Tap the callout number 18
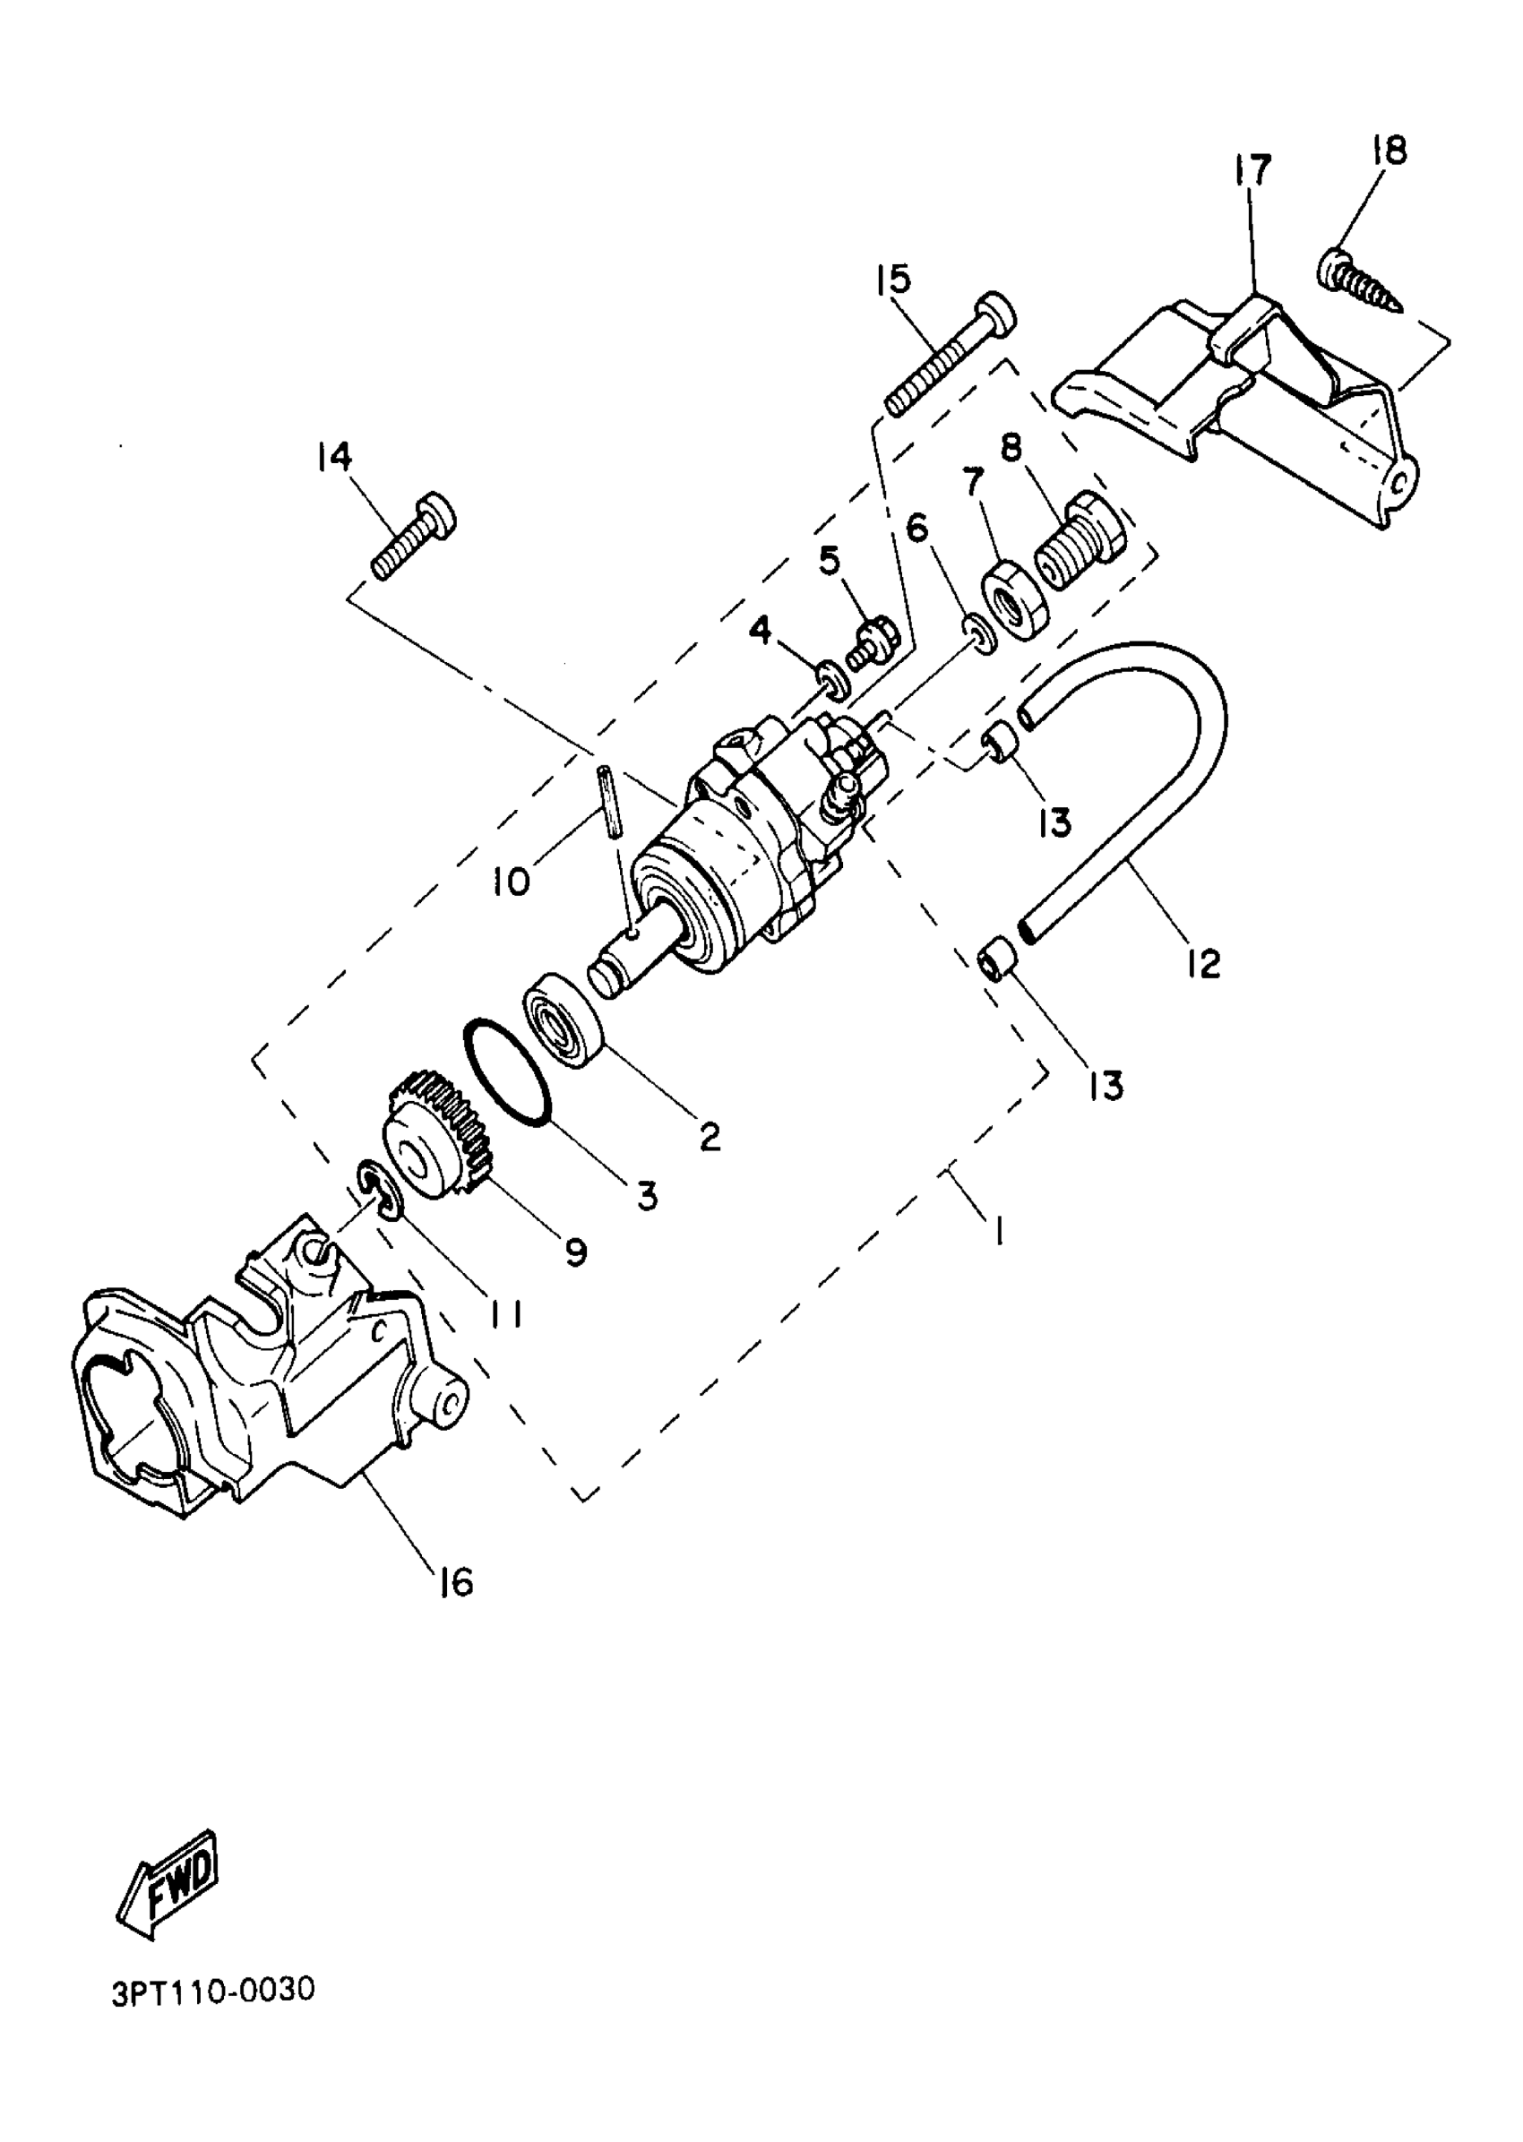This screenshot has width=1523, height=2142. [x=1389, y=150]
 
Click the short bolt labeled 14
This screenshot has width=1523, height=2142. [x=413, y=535]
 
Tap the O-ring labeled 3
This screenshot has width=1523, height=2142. [x=506, y=1070]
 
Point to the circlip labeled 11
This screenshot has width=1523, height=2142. [x=380, y=1190]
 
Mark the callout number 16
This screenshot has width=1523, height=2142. [x=455, y=1582]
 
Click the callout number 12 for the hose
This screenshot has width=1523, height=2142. [x=1203, y=962]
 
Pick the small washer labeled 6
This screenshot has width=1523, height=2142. [x=978, y=634]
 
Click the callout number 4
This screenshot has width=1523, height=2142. [x=761, y=630]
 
